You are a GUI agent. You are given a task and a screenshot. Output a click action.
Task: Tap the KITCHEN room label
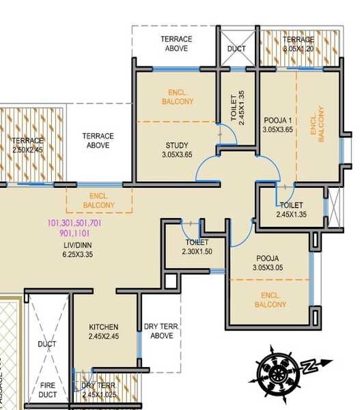pos(103,327)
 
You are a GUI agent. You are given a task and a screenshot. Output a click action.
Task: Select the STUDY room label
pos(177,145)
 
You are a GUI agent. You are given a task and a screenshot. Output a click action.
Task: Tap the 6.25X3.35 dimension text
pos(77,254)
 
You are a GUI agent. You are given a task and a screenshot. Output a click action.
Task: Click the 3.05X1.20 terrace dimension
pos(299,49)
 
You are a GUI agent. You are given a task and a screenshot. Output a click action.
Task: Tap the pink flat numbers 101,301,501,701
pos(74,223)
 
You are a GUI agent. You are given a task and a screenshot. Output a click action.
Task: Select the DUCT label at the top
pos(236,49)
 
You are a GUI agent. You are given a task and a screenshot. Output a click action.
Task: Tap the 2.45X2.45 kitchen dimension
pos(103,336)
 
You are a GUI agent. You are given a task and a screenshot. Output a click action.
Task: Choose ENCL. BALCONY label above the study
pos(177,96)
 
